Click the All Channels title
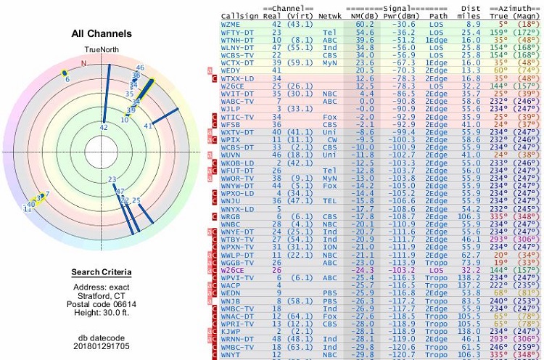pyautogui.click(x=102, y=33)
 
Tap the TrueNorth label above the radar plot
pyautogui.click(x=102, y=50)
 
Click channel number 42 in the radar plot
pyautogui.click(x=104, y=128)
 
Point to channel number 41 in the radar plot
pyautogui.click(x=148, y=126)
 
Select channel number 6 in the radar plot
pyautogui.click(x=67, y=79)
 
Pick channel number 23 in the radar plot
pyautogui.click(x=112, y=179)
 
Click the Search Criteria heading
pyautogui.click(x=102, y=272)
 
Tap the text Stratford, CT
pyautogui.click(x=102, y=295)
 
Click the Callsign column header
pyautogui.click(x=236, y=15)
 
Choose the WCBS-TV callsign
pyautogui.click(x=236, y=54)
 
